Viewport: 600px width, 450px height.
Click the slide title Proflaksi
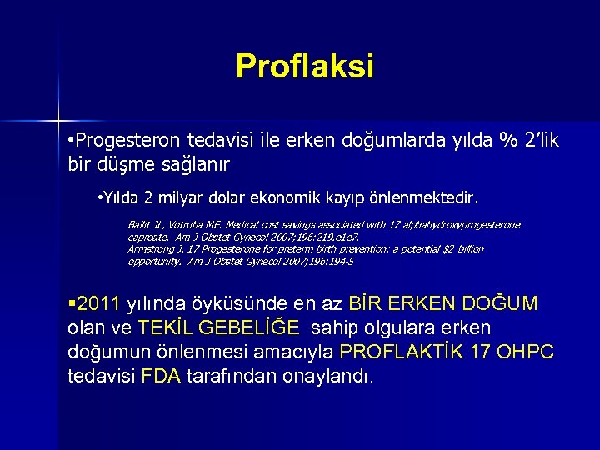[305, 66]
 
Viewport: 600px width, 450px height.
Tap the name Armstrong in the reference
[150, 249]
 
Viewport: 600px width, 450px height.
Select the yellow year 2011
[98, 302]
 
